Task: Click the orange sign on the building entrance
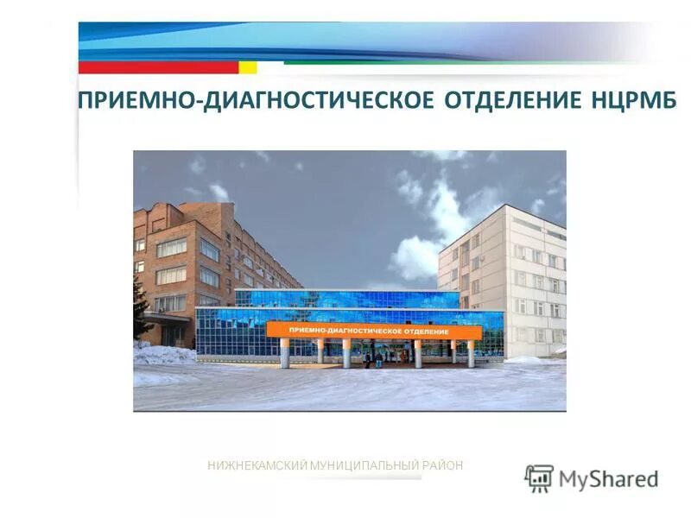tap(373, 331)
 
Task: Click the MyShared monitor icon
tap(539, 477)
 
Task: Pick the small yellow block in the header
tap(247, 66)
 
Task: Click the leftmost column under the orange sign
tap(284, 353)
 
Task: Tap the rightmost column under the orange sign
tap(471, 353)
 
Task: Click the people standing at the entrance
tap(371, 357)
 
